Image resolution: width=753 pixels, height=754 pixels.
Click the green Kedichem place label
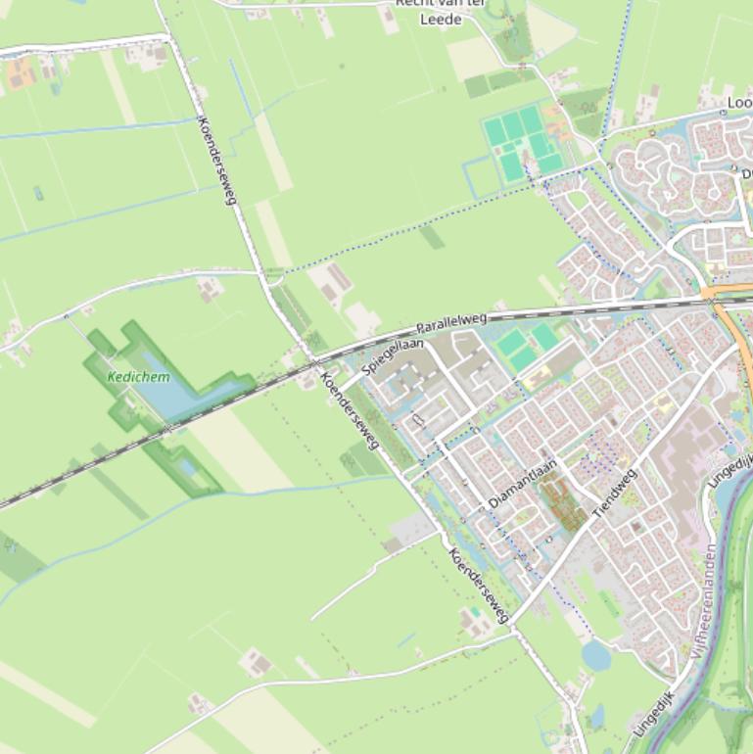pos(138,377)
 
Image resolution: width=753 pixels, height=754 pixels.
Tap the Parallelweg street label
pos(451,323)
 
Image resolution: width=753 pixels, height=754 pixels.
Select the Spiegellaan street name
pos(393,356)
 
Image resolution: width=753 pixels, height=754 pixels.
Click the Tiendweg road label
pos(614,493)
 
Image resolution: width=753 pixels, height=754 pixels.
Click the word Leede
pos(440,20)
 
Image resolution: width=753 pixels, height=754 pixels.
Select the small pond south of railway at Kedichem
pos(186,468)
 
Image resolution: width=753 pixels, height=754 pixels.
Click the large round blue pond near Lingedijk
pos(595,655)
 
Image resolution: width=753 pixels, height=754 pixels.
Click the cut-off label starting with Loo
pos(739,103)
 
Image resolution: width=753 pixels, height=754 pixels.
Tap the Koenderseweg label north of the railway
pos(218,161)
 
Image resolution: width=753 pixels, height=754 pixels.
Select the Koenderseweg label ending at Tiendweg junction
pos(479,586)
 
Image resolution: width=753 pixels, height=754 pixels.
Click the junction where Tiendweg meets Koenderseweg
pos(512,623)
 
